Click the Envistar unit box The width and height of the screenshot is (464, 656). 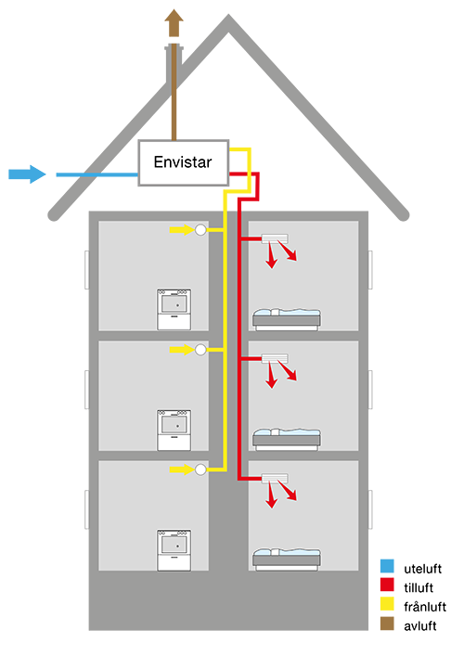click(x=183, y=162)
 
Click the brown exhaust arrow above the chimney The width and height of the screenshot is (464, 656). click(x=174, y=23)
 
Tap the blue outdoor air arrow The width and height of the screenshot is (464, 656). click(x=27, y=174)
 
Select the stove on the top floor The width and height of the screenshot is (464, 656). click(x=174, y=309)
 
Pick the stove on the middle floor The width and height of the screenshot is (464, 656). click(x=174, y=430)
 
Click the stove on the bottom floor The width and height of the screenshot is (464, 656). click(x=174, y=549)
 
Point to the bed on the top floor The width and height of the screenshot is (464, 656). click(x=287, y=319)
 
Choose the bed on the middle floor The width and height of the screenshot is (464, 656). click(x=287, y=439)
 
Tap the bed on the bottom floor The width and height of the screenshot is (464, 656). click(x=287, y=560)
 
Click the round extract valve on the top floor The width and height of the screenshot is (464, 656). click(x=200, y=230)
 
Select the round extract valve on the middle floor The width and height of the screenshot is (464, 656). click(x=200, y=350)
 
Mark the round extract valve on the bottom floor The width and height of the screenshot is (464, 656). click(x=200, y=469)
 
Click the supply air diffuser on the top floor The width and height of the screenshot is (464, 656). click(x=275, y=238)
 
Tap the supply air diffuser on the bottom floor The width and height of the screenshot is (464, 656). click(x=275, y=478)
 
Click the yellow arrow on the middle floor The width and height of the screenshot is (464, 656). click(x=182, y=349)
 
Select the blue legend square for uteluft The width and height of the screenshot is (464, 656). click(x=387, y=566)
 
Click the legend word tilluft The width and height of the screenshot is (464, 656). click(x=419, y=587)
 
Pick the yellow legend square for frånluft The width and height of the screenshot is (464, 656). click(x=387, y=604)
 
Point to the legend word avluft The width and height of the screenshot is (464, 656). click(x=420, y=626)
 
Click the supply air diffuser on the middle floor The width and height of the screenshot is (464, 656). click(x=275, y=358)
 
